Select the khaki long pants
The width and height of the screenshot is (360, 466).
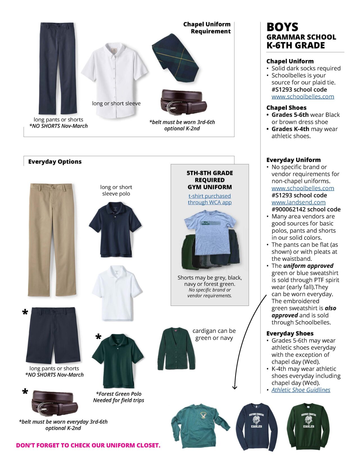[x=52, y=239]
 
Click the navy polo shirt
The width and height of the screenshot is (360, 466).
[x=115, y=229]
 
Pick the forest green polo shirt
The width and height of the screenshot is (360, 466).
[x=118, y=360]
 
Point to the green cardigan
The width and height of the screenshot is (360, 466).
[x=176, y=349]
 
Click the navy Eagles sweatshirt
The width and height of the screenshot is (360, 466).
[x=256, y=426]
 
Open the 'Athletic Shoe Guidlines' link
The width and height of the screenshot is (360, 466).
[x=301, y=390]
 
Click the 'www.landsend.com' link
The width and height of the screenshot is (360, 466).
[x=298, y=202]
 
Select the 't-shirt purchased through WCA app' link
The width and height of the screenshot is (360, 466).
[x=210, y=199]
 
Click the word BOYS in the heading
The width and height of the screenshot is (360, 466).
[x=282, y=27]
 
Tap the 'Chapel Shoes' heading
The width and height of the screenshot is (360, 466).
[x=286, y=107]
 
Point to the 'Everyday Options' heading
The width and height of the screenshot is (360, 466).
[x=55, y=162]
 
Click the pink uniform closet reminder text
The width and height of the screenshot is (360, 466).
[x=88, y=445]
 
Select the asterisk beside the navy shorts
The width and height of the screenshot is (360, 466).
[x=25, y=313]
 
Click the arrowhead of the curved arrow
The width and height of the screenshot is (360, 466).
[x=235, y=387]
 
